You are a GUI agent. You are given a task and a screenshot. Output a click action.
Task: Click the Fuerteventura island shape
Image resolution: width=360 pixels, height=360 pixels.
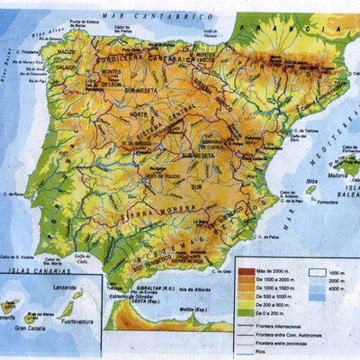click(68, 310)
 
